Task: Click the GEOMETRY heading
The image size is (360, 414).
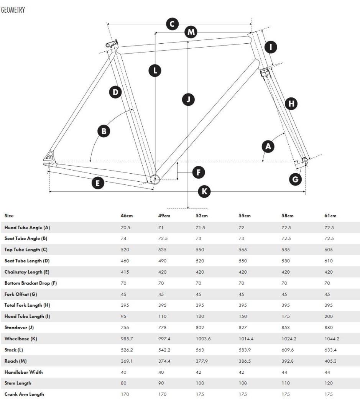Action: point(13,10)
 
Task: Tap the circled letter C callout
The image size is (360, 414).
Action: point(172,24)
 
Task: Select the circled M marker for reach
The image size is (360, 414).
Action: point(191,32)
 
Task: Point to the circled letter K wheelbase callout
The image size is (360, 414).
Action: point(204,191)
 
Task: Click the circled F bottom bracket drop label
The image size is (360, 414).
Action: point(198,172)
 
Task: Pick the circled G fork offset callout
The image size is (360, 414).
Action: point(295,179)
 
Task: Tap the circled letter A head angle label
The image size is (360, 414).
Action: point(268,146)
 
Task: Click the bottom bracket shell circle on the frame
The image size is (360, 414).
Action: point(155,179)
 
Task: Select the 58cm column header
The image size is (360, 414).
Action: point(288,216)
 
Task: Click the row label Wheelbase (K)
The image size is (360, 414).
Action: point(21,339)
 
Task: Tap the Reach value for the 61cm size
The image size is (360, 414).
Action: point(330,361)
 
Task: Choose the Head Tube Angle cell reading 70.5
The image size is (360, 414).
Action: point(125,228)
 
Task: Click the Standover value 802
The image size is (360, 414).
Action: point(200,328)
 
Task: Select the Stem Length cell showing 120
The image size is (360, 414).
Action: point(329,383)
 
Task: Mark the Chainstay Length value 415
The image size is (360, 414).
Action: point(125,272)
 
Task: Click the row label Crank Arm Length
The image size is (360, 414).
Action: point(24,394)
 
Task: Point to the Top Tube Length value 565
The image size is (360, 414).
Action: point(243,250)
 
